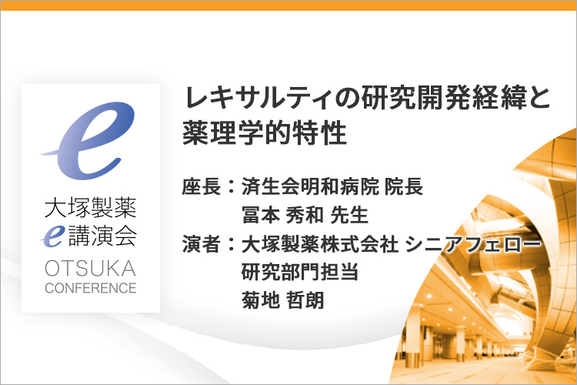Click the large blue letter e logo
point(88,140)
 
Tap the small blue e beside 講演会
point(52,236)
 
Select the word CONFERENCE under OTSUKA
point(91,288)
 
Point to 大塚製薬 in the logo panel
point(91,208)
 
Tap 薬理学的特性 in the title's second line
point(265,133)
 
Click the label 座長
point(202,186)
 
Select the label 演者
point(202,243)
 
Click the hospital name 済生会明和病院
point(310,186)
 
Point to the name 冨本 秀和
point(282,215)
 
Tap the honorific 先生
point(349,215)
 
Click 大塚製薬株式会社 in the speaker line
point(320,243)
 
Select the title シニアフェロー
point(473,243)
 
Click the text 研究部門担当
point(300,272)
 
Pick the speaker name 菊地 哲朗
point(282,300)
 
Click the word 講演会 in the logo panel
point(102,236)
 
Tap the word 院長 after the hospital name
point(404,186)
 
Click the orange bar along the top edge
point(288,5)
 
